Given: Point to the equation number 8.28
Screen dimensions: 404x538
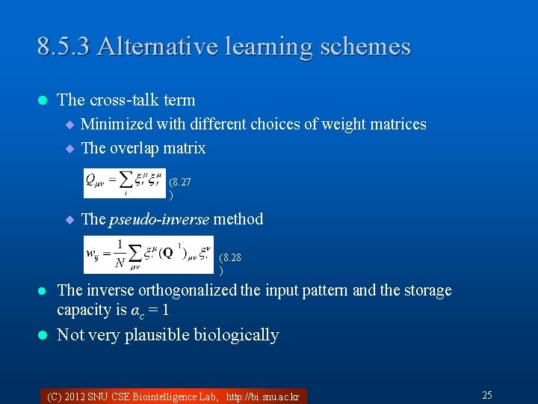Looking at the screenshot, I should (x=230, y=258).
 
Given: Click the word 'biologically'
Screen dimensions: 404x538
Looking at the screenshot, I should (x=236, y=335).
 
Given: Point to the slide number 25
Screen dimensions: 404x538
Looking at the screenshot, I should (x=486, y=395).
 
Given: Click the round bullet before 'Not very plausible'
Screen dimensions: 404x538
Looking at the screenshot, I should (x=43, y=335).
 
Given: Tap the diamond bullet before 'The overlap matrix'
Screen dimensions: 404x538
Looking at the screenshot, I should (x=70, y=148).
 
